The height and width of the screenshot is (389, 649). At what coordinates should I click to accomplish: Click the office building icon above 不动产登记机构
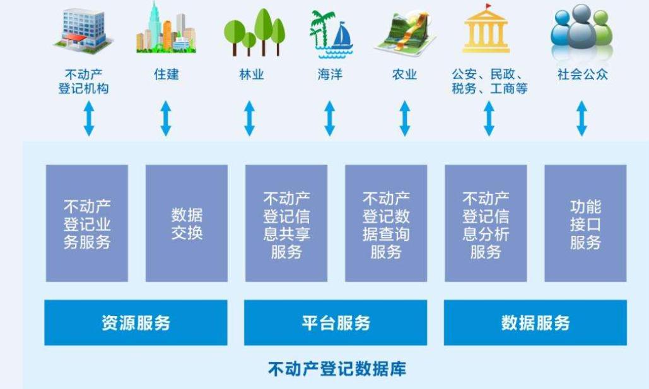coord(83,31)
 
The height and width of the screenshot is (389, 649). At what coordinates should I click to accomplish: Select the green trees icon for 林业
coord(254,32)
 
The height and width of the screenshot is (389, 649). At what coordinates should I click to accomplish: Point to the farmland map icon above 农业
coord(405,33)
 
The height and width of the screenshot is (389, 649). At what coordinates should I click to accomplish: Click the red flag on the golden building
coord(489,7)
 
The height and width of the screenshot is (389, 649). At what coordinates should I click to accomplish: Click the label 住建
coord(167,74)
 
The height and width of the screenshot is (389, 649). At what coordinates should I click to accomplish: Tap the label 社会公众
coord(582,74)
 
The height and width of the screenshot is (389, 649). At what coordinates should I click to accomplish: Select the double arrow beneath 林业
coord(249,119)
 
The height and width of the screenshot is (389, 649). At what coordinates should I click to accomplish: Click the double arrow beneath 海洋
coord(329,119)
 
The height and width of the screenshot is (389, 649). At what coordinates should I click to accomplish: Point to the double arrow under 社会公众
coord(582,119)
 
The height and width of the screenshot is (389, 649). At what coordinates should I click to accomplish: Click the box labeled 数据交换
coord(187,223)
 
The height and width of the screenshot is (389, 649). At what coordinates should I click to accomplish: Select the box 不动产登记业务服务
coord(87,223)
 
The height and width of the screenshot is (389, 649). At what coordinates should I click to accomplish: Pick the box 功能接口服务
coord(586,223)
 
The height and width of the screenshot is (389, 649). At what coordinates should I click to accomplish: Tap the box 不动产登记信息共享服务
coord(286,223)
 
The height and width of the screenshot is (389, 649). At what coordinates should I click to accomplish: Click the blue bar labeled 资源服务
coord(136,323)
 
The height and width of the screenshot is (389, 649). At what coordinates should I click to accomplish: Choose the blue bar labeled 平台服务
coord(336,323)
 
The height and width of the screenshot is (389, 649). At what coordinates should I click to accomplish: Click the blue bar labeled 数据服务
coord(535,323)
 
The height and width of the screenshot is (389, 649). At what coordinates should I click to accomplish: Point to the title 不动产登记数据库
coord(337,369)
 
